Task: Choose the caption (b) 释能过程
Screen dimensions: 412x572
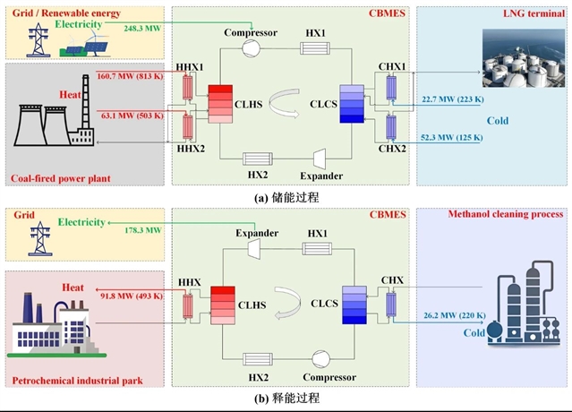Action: [x=286, y=398]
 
